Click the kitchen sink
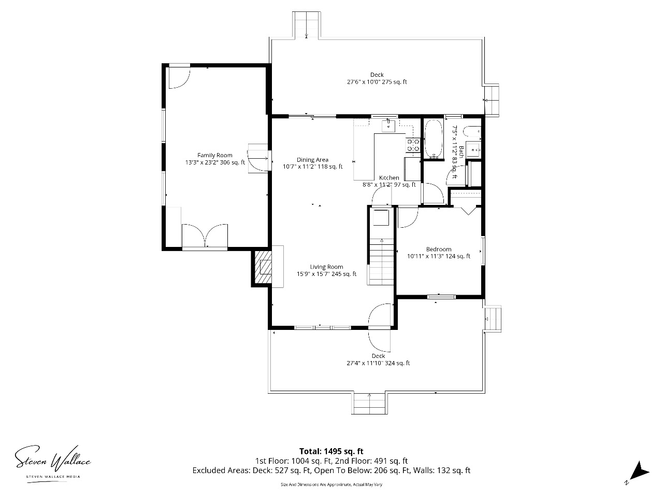[388, 126]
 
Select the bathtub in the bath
[434, 139]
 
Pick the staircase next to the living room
[381, 261]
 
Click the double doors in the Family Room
[205, 236]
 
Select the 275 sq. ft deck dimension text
[377, 81]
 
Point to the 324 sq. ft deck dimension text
[378, 363]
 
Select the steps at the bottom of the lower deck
[369, 404]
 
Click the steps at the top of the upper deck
[306, 25]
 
